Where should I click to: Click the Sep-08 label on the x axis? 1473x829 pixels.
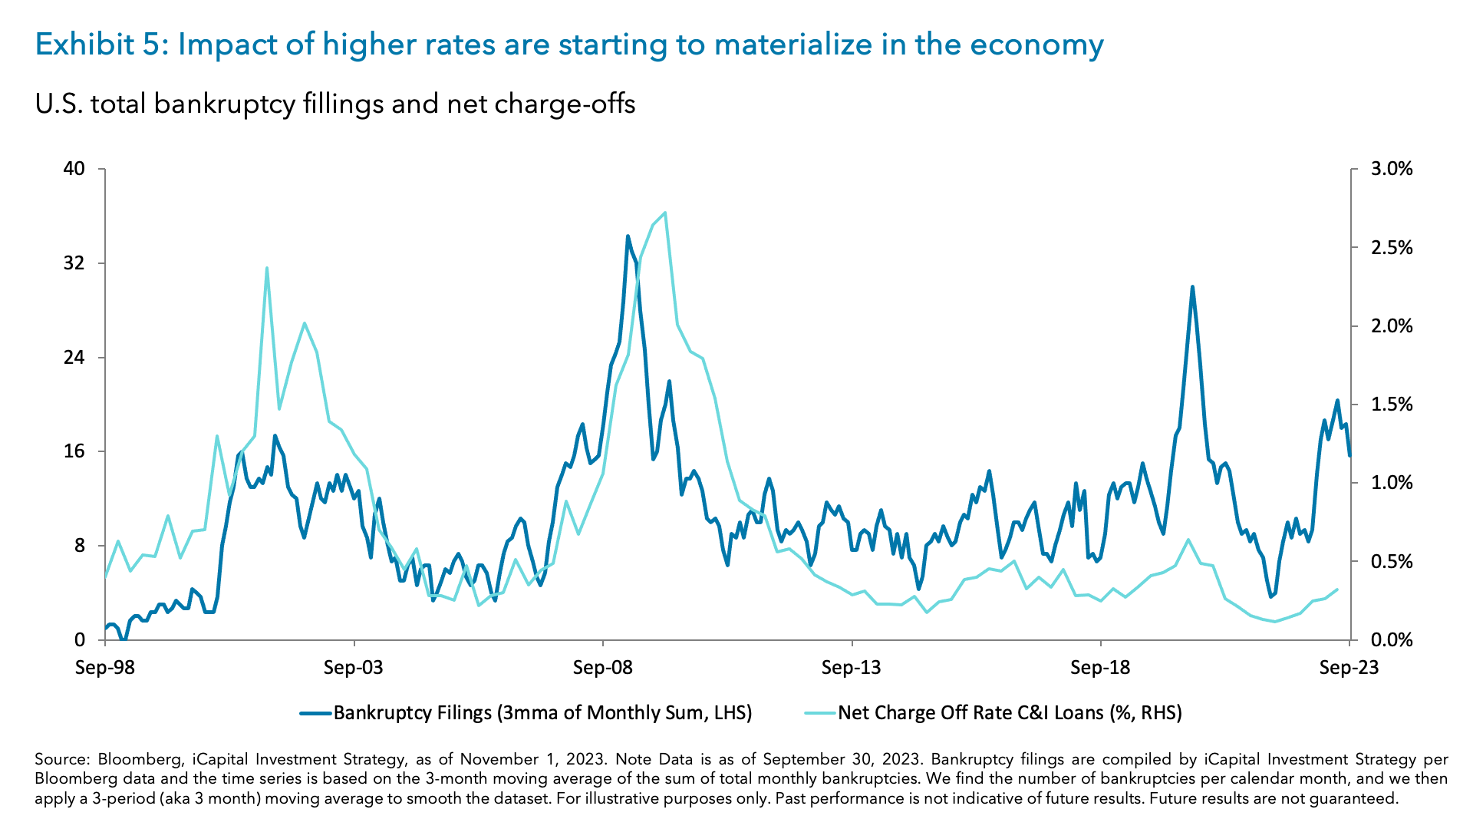[x=602, y=667]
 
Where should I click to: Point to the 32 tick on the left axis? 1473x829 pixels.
[x=74, y=263]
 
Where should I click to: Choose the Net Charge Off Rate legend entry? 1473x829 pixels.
[x=1009, y=713]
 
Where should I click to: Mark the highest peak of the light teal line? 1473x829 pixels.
[x=664, y=213]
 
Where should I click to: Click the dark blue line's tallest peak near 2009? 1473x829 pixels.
[x=628, y=236]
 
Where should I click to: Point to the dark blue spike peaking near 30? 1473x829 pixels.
[x=1192, y=287]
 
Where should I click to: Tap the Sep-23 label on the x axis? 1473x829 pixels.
[x=1349, y=667]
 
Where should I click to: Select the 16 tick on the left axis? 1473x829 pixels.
[x=74, y=451]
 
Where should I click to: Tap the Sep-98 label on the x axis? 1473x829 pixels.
[x=105, y=667]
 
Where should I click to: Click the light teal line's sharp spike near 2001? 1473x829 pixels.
[x=267, y=268]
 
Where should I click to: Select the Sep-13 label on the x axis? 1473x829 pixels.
[x=851, y=667]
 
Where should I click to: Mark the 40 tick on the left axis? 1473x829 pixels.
[x=74, y=169]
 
